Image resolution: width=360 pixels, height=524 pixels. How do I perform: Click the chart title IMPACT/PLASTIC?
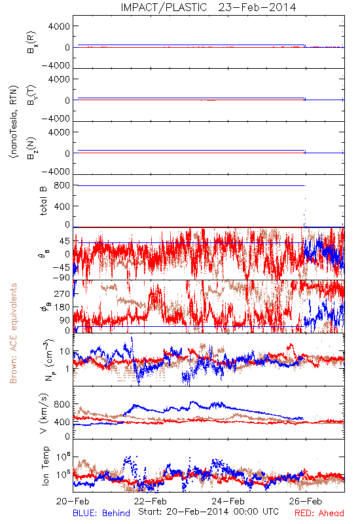click(x=164, y=7)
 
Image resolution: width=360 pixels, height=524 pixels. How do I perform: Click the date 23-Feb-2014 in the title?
click(x=257, y=7)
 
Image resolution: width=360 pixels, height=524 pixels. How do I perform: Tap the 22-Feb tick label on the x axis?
click(x=151, y=501)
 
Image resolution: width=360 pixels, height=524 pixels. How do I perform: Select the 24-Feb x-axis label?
click(x=228, y=501)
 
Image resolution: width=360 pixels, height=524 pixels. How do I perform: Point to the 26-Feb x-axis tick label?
click(x=306, y=501)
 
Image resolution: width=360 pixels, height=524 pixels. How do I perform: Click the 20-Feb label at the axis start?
click(x=73, y=501)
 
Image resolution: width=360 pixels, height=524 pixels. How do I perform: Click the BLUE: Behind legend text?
click(x=101, y=513)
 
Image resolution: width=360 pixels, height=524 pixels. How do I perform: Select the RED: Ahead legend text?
click(x=319, y=513)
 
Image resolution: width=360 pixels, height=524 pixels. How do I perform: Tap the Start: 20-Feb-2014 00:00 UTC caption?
click(x=208, y=512)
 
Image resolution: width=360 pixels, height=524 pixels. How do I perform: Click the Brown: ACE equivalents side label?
click(x=13, y=333)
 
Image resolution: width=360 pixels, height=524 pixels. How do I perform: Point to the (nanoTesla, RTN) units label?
click(x=14, y=122)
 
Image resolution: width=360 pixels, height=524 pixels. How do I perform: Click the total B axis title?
click(x=43, y=201)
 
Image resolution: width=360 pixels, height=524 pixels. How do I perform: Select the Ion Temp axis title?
click(x=45, y=466)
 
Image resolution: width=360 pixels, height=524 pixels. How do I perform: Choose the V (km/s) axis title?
click(x=44, y=413)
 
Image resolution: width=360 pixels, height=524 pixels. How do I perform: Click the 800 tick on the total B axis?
click(x=62, y=185)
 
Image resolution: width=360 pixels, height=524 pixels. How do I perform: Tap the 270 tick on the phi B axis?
click(x=62, y=293)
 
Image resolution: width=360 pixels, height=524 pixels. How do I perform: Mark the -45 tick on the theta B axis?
click(x=61, y=267)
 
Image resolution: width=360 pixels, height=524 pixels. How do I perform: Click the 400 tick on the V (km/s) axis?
click(x=62, y=422)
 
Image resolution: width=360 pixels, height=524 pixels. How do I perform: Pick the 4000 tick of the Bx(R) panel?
click(x=59, y=26)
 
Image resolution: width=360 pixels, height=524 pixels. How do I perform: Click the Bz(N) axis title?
click(x=31, y=148)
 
